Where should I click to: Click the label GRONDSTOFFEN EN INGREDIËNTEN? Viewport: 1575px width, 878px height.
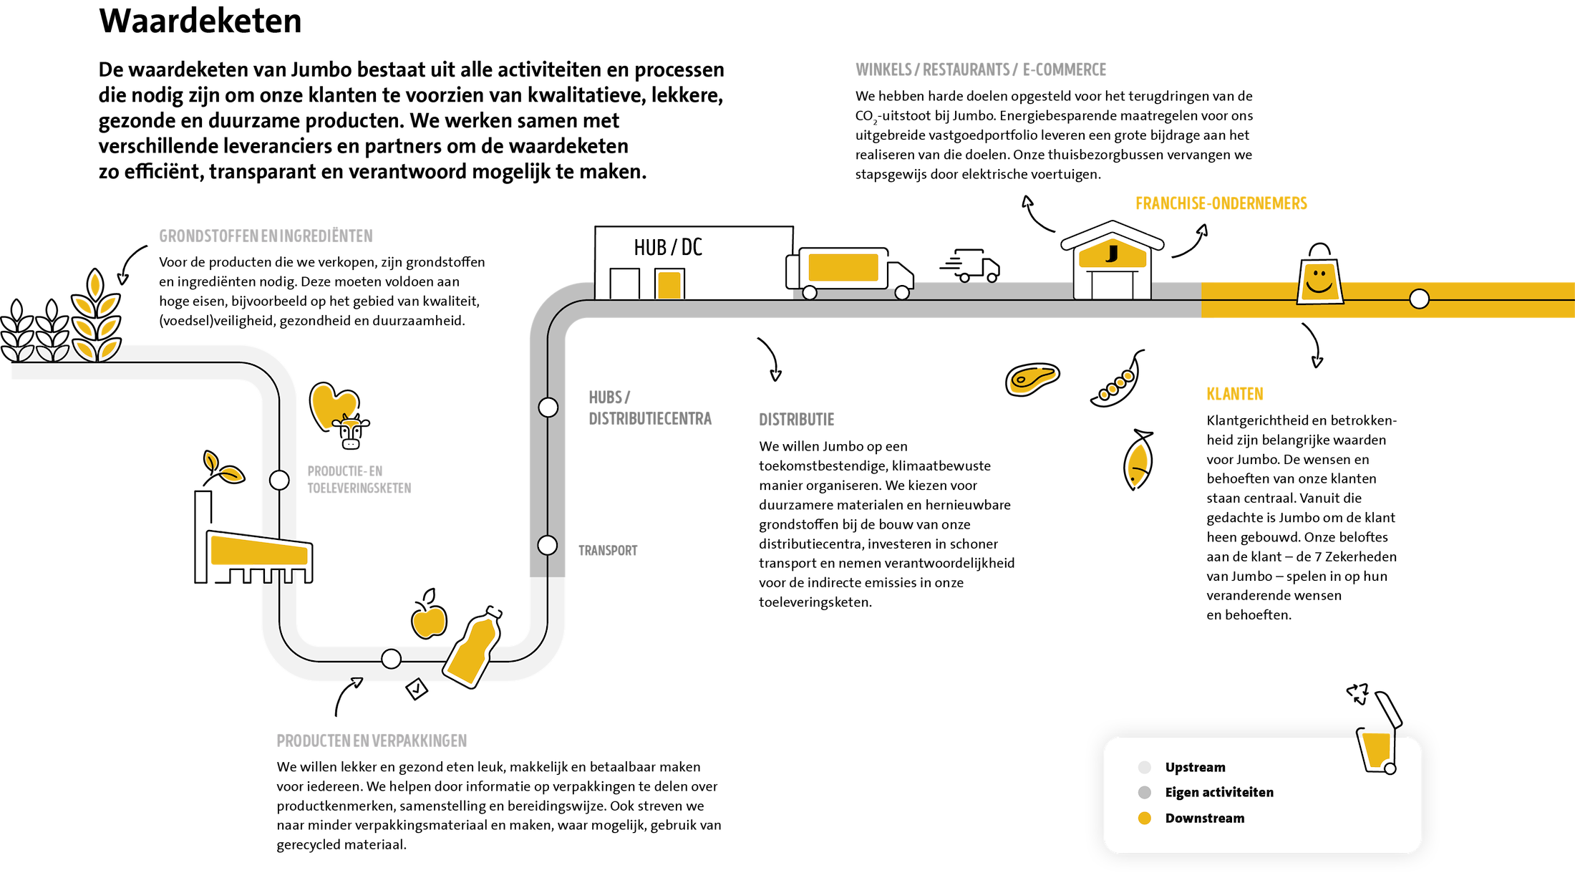click(266, 236)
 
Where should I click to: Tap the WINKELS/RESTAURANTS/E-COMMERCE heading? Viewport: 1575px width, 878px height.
click(981, 69)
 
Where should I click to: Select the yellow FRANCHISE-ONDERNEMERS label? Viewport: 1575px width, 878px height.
click(1221, 203)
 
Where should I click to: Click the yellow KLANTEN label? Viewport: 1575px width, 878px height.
click(1235, 394)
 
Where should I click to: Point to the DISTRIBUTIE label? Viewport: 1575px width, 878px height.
click(797, 420)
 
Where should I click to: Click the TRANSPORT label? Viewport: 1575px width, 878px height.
click(608, 551)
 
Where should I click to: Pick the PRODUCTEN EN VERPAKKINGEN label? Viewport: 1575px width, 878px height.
click(372, 740)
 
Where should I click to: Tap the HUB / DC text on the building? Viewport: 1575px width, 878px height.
click(668, 248)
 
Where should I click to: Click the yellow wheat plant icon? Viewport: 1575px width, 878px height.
click(96, 315)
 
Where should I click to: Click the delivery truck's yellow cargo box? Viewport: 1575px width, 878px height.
click(843, 267)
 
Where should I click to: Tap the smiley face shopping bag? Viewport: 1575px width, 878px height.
click(1319, 282)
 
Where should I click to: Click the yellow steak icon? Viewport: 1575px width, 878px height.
click(1032, 380)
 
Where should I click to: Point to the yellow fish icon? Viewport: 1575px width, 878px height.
click(1137, 465)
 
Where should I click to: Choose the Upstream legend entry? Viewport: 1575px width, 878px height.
click(1195, 768)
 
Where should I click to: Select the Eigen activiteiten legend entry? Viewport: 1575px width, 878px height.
click(1219, 793)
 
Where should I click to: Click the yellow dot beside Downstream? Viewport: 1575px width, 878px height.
click(1145, 819)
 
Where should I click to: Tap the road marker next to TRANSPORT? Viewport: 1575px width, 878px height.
click(548, 545)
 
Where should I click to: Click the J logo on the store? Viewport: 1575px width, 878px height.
click(1112, 254)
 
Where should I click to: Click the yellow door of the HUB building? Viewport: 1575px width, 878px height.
click(669, 284)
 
